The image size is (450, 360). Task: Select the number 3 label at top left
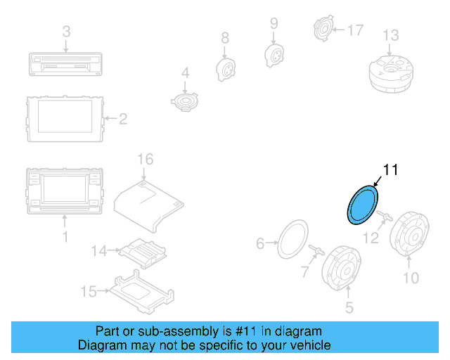point(66,32)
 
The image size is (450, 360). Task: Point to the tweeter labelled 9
point(274,53)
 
